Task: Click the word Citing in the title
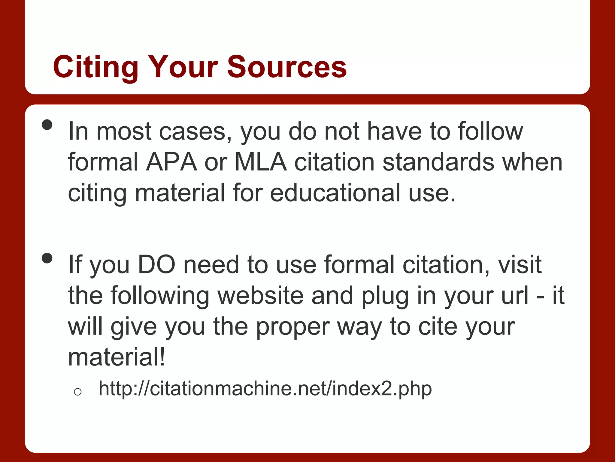click(x=95, y=67)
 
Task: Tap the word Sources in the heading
click(x=287, y=67)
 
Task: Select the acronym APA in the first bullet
click(x=171, y=162)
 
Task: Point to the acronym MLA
click(x=260, y=162)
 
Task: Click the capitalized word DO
click(x=156, y=265)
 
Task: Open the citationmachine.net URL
click(x=265, y=388)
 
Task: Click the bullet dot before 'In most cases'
click(x=47, y=125)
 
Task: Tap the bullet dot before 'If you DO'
click(x=47, y=258)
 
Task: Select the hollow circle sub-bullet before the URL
click(x=77, y=392)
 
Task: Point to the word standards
click(x=438, y=162)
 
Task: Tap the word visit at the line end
click(x=520, y=265)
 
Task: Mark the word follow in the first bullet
click(x=490, y=131)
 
